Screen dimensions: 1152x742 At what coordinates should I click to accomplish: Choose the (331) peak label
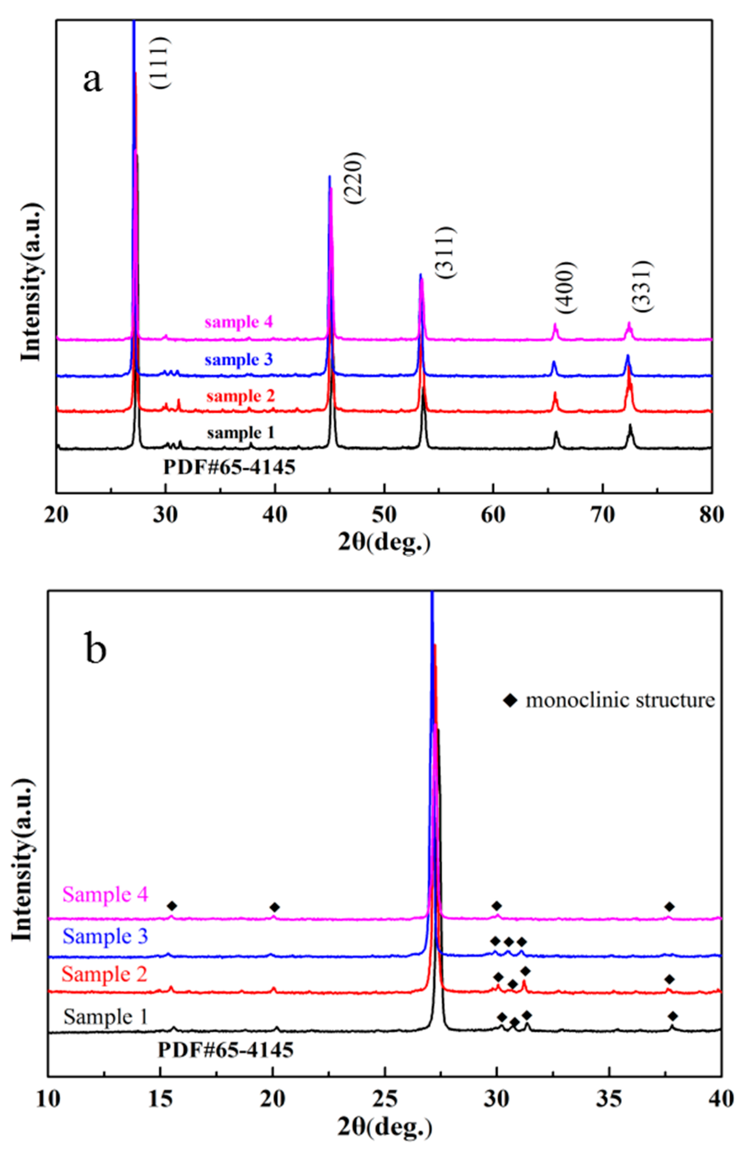(x=642, y=286)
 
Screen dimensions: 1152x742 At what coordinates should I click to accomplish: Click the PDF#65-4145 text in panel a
(x=229, y=467)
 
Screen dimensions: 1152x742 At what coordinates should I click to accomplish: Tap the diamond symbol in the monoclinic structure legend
(x=510, y=700)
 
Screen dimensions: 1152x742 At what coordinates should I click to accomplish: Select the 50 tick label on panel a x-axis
(x=384, y=515)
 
